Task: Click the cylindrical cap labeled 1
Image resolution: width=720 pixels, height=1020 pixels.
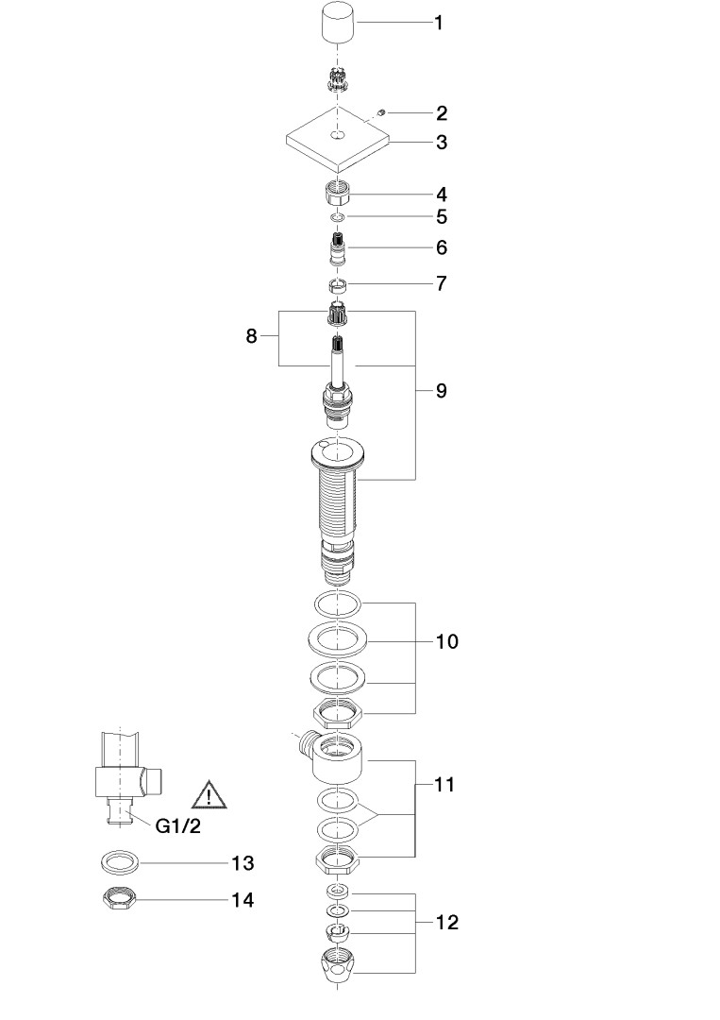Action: pyautogui.click(x=339, y=23)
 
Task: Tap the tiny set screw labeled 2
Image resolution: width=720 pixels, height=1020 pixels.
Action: pyautogui.click(x=383, y=113)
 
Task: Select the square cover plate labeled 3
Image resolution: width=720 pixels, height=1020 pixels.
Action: pyautogui.click(x=338, y=140)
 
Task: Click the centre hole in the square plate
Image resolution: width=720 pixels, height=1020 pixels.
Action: pyautogui.click(x=337, y=135)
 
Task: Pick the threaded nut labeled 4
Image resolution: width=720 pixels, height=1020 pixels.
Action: pyautogui.click(x=337, y=194)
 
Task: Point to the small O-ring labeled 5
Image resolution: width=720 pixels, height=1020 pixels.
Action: pyautogui.click(x=337, y=216)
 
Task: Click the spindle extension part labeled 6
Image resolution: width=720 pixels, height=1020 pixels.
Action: pyautogui.click(x=337, y=248)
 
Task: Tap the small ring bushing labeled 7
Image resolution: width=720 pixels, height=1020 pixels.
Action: pyautogui.click(x=337, y=284)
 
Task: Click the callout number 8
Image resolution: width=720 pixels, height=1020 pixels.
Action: pyautogui.click(x=251, y=336)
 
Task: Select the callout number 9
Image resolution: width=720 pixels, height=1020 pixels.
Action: pyautogui.click(x=442, y=391)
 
